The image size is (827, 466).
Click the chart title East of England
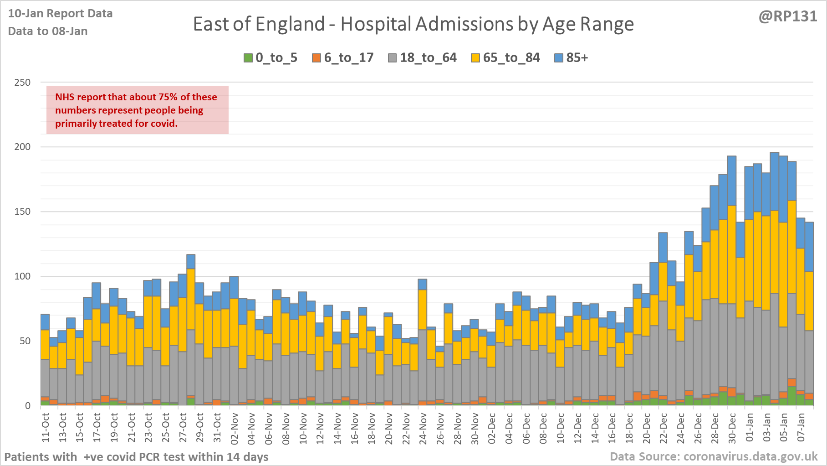click(413, 24)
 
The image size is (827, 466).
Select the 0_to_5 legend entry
click(271, 58)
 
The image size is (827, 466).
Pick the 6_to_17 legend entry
click(343, 58)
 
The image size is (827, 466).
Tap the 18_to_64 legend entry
click(422, 58)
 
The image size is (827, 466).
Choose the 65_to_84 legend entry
click(505, 58)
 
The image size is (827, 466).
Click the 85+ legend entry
click(572, 58)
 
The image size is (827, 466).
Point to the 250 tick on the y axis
click(22, 83)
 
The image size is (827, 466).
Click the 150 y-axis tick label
click(22, 212)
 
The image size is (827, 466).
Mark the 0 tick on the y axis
click(28, 406)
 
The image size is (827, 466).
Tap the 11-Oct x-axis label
click(46, 427)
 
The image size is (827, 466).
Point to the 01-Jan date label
click(750, 427)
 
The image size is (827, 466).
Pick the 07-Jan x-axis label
click(801, 427)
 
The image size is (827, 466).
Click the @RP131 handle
click(788, 16)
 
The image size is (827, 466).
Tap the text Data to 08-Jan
click(48, 31)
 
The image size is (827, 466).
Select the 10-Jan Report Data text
click(60, 14)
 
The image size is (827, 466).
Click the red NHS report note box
click(137, 110)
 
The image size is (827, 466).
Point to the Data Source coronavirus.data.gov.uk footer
click(714, 457)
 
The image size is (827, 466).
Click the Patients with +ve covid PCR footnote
click(136, 457)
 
